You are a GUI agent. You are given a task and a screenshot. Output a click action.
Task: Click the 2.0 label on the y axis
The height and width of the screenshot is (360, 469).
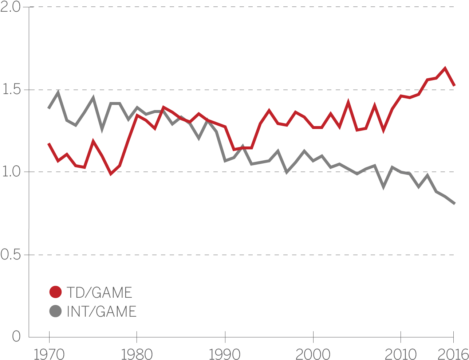(11, 7)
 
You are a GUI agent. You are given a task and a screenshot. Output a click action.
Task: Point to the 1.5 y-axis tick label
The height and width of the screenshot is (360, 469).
(11, 90)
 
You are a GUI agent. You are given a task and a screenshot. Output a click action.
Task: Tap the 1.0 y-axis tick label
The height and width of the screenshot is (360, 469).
(11, 172)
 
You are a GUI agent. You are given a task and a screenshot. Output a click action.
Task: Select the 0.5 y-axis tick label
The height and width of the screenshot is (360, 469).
(11, 255)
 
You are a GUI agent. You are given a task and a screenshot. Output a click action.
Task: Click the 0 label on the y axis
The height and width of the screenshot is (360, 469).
(16, 336)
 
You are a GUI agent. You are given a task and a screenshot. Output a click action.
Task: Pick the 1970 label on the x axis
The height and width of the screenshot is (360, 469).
(49, 354)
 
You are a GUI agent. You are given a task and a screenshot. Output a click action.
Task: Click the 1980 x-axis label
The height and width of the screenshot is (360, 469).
(137, 354)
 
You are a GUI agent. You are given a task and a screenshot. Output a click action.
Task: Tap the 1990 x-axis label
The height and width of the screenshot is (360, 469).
(225, 354)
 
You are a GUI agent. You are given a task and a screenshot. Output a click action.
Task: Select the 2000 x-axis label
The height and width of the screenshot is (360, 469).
(313, 354)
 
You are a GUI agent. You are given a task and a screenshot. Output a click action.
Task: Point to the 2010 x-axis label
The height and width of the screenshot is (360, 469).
(401, 354)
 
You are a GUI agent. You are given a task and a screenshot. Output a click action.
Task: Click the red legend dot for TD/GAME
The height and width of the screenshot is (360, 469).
(55, 292)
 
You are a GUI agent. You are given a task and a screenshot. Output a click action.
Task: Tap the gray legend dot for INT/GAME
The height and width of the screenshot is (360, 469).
(55, 311)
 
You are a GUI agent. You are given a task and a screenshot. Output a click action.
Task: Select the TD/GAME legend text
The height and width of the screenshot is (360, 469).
(99, 293)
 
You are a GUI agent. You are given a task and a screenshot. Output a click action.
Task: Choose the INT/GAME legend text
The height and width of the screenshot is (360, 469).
(102, 312)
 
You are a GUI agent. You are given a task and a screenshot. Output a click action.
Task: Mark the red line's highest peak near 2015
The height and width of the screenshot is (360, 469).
(445, 68)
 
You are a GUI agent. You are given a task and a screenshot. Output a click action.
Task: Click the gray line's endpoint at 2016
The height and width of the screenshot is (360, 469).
(454, 203)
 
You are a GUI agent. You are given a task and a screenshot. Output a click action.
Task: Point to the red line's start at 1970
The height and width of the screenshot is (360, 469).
(49, 144)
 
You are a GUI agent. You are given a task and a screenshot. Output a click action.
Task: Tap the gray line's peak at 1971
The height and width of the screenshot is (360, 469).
(58, 91)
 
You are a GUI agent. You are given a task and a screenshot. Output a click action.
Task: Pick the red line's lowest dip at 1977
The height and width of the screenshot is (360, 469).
(111, 174)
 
